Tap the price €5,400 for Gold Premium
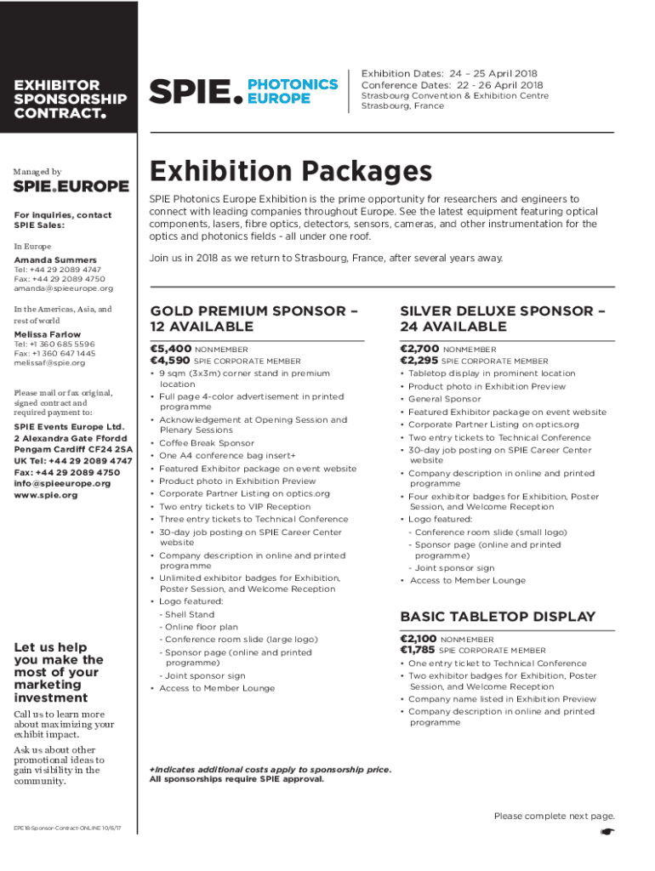click(170, 349)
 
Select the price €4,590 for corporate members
click(170, 361)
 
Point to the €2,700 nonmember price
click(419, 349)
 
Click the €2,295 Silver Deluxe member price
click(419, 361)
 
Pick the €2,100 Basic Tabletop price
click(419, 639)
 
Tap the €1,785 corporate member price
click(419, 651)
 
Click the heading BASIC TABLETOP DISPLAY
click(498, 617)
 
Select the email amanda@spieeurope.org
click(63, 288)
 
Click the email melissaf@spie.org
click(49, 363)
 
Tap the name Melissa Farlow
click(48, 334)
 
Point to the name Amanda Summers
click(55, 259)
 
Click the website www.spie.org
click(46, 495)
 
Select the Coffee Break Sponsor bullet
click(207, 443)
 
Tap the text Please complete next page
click(554, 817)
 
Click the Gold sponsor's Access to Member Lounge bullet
click(217, 688)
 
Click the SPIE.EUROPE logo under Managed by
click(71, 186)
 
